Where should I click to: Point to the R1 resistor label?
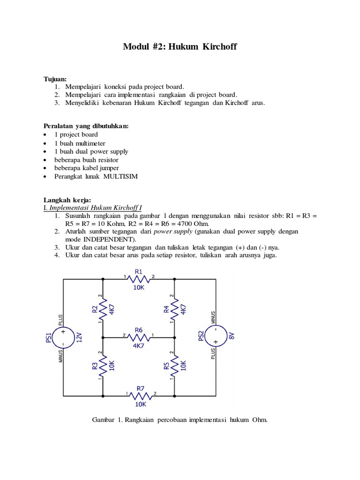pos(139,271)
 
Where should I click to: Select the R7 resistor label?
pos(140,388)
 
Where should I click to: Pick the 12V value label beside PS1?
pos(79,337)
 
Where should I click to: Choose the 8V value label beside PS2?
pos(231,337)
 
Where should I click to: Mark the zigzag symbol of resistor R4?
pos(174,309)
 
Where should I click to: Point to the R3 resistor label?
pos(94,366)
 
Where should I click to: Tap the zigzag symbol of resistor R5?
pos(174,366)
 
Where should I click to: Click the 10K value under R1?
pos(139,288)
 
